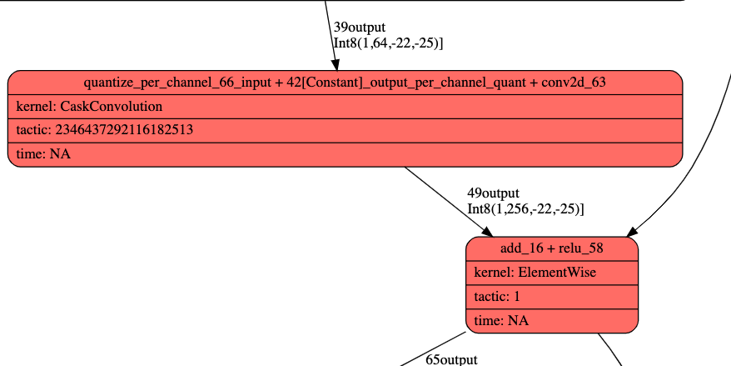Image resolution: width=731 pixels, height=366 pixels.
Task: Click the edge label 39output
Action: click(359, 27)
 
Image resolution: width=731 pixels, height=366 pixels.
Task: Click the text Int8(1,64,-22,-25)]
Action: click(387, 43)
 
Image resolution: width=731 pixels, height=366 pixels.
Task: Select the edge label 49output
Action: click(493, 193)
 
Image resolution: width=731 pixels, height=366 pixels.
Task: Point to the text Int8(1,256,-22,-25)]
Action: click(525, 208)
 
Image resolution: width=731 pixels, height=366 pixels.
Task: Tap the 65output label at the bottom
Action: click(451, 359)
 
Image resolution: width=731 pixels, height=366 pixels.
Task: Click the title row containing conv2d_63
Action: click(345, 83)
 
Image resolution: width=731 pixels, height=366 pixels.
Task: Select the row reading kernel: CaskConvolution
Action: click(345, 107)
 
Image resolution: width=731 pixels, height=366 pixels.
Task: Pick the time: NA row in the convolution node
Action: click(345, 154)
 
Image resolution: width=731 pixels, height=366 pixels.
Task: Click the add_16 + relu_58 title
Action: click(551, 249)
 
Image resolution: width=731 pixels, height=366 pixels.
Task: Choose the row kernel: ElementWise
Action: click(551, 273)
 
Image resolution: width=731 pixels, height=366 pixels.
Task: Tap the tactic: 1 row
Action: click(551, 296)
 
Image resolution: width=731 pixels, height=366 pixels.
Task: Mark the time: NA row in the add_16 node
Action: click(551, 320)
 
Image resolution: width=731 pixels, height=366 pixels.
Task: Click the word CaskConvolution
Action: click(112, 107)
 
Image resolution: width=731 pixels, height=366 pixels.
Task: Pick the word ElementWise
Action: click(557, 273)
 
